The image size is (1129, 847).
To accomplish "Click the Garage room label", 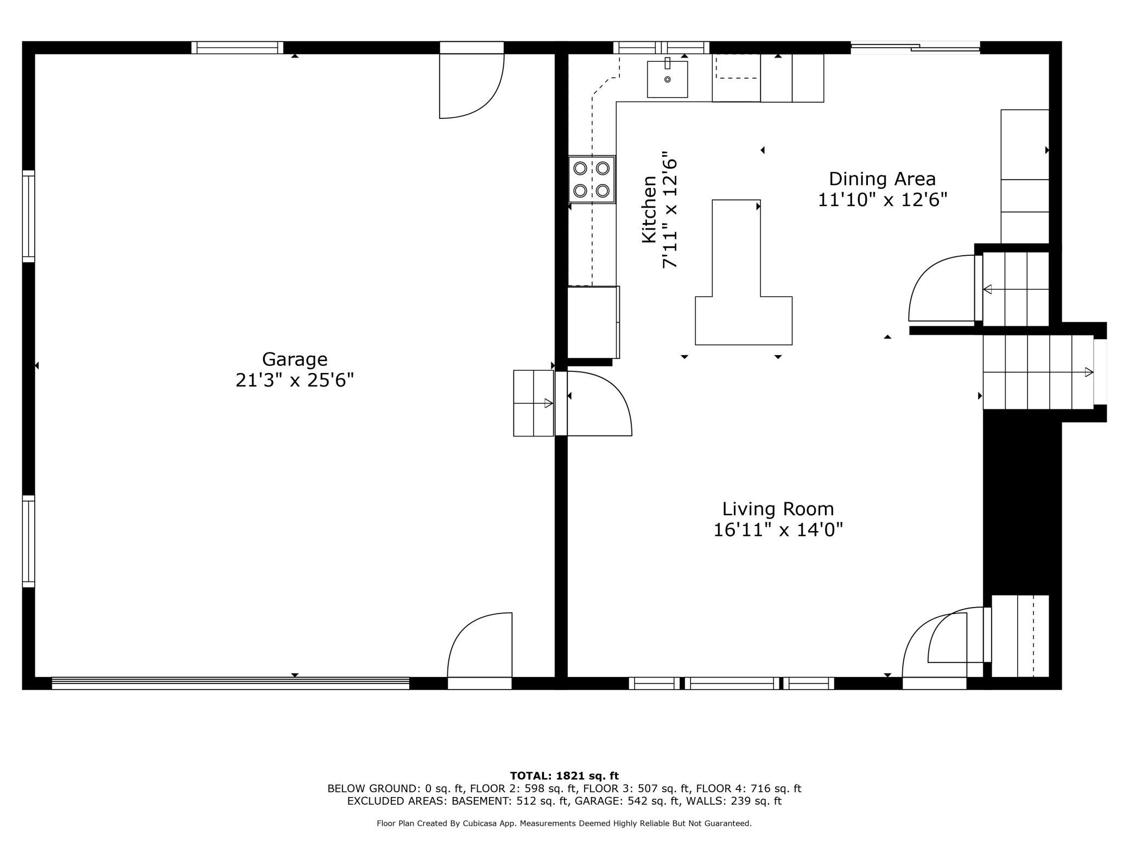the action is [x=295, y=359].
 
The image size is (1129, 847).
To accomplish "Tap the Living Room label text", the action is [x=778, y=509].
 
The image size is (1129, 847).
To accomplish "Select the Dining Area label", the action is [x=882, y=179].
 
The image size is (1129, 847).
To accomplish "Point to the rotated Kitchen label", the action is [x=649, y=209].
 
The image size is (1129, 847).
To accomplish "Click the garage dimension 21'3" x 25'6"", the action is [x=295, y=380].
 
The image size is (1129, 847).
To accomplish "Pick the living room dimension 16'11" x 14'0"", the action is [x=778, y=529].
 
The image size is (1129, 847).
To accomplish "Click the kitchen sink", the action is [x=667, y=79].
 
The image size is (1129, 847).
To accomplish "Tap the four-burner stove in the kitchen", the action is [x=592, y=180].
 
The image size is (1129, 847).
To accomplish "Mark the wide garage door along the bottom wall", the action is [x=231, y=683].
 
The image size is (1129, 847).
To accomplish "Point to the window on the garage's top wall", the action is [x=237, y=48].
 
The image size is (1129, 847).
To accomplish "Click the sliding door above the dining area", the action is [x=915, y=48].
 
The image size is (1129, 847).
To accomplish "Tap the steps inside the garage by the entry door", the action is [x=534, y=403].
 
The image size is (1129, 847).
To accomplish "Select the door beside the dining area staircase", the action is [x=943, y=288].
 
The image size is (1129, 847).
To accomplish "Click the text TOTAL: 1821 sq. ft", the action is [x=564, y=776].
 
